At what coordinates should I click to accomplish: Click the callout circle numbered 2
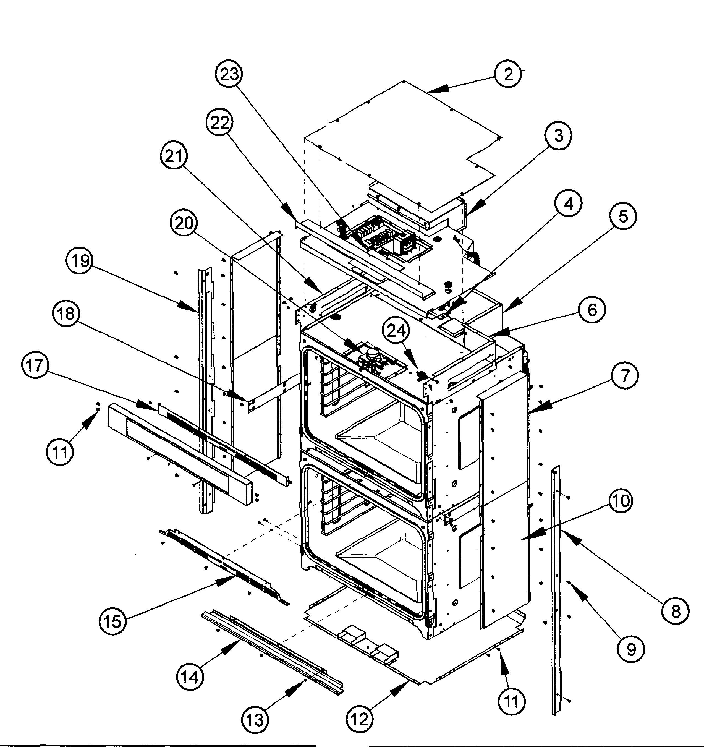tap(508, 74)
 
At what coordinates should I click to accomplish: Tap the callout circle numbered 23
tap(229, 74)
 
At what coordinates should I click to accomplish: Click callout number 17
tap(35, 365)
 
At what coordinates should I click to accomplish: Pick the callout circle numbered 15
tap(113, 621)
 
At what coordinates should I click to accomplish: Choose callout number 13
tap(255, 720)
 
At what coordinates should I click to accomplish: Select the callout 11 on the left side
tap(60, 452)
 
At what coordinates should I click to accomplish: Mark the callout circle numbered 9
tap(630, 649)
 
